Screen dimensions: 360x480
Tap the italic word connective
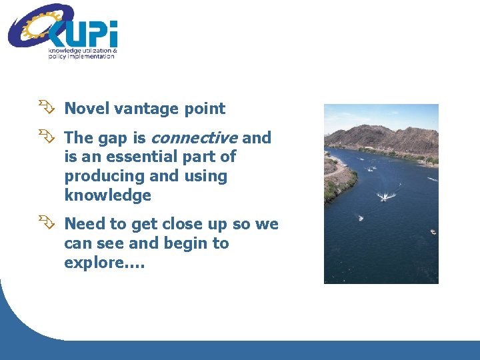click(x=194, y=138)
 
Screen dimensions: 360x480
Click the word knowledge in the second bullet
click(x=107, y=195)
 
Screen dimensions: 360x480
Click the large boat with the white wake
click(x=385, y=197)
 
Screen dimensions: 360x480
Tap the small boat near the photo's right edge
click(x=433, y=232)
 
